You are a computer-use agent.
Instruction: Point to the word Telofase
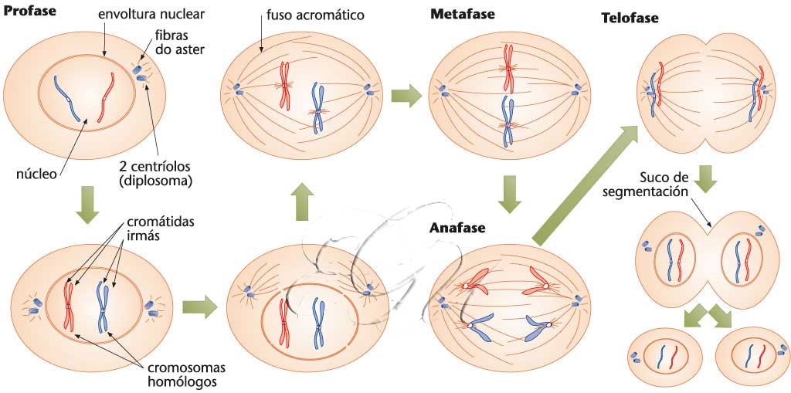tap(630, 18)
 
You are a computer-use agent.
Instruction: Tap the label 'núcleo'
tap(36, 174)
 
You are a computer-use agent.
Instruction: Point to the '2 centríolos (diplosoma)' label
tap(155, 174)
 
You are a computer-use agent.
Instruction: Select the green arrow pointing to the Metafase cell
tap(406, 97)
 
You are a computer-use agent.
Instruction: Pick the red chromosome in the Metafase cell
tap(509, 68)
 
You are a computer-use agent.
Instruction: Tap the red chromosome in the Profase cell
tap(107, 97)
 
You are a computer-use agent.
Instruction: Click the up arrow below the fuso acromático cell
tap(301, 202)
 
